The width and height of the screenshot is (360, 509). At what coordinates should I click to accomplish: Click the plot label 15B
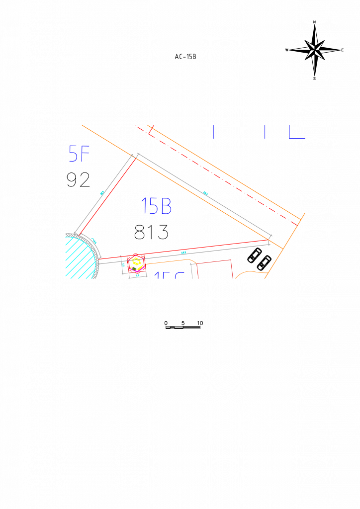[156, 206]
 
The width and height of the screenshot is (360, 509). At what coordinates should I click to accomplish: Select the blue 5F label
[79, 154]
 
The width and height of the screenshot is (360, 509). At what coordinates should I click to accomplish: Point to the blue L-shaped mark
[296, 132]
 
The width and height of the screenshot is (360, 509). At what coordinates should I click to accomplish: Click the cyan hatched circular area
[80, 258]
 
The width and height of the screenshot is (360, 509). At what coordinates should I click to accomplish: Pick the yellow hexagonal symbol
[136, 262]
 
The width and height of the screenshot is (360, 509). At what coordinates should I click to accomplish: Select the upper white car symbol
[255, 255]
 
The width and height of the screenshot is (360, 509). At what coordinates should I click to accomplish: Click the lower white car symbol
[264, 263]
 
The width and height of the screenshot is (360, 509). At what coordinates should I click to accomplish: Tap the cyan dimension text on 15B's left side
[102, 193]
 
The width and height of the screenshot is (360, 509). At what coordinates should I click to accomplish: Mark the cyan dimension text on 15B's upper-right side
[205, 193]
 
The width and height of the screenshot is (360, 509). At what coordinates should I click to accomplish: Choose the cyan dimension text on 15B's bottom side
[183, 253]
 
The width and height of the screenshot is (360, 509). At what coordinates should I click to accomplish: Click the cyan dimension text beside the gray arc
[94, 241]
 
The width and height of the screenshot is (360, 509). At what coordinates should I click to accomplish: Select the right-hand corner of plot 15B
[269, 240]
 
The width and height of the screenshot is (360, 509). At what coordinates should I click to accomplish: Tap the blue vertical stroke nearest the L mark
[265, 132]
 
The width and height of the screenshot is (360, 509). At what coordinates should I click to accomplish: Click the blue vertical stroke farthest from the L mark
[213, 132]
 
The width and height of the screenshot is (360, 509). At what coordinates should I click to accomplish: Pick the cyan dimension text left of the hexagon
[123, 265]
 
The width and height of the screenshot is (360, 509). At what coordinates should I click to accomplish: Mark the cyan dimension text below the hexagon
[138, 275]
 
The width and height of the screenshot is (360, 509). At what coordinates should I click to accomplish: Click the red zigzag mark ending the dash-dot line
[151, 130]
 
